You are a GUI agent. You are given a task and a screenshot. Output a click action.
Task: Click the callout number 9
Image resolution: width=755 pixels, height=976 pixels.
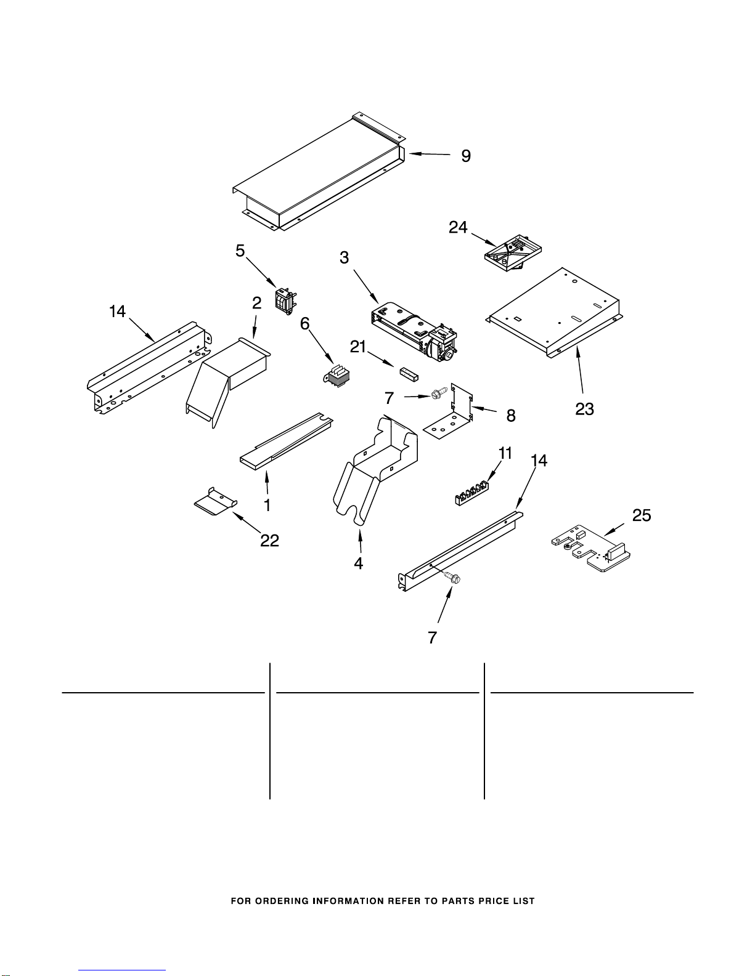click(466, 156)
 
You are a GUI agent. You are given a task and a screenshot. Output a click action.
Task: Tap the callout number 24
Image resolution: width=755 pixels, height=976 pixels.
click(458, 228)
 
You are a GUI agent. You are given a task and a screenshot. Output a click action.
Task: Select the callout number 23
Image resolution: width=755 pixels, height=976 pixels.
click(584, 409)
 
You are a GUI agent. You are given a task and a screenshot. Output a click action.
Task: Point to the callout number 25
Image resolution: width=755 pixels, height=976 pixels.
click(642, 515)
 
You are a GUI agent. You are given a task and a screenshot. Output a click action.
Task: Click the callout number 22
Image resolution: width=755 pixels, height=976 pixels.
click(269, 540)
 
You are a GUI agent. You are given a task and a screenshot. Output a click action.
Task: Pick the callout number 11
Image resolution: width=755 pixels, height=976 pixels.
click(505, 454)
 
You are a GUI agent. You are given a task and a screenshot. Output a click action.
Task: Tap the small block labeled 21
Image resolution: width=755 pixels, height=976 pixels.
click(407, 373)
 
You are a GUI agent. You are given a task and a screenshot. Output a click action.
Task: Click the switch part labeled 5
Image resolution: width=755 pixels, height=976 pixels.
click(284, 302)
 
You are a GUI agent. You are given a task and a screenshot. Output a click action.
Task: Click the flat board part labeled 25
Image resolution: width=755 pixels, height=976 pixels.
click(590, 546)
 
